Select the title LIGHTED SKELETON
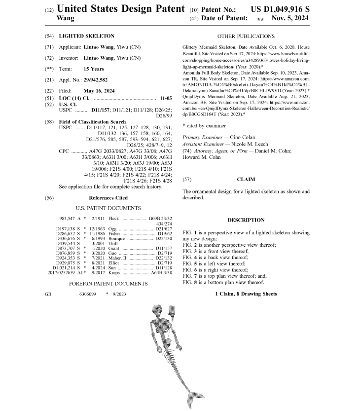pyautogui.click(x=86, y=36)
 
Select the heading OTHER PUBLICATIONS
pyautogui.click(x=246, y=36)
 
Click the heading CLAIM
pyautogui.click(x=246, y=180)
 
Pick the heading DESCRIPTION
pyautogui.click(x=246, y=220)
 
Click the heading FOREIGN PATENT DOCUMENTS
pyautogui.click(x=108, y=284)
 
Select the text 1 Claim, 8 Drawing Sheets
pyautogui.click(x=246, y=294)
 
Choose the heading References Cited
pyautogui.click(x=108, y=198)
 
